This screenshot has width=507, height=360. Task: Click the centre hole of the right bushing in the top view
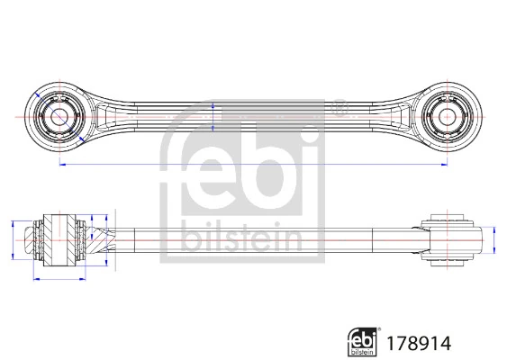tap(447, 116)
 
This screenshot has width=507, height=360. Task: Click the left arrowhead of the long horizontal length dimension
tap(62, 166)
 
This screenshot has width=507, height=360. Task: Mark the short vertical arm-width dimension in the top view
tap(213, 116)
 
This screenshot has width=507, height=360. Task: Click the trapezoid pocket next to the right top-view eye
tap(403, 116)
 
